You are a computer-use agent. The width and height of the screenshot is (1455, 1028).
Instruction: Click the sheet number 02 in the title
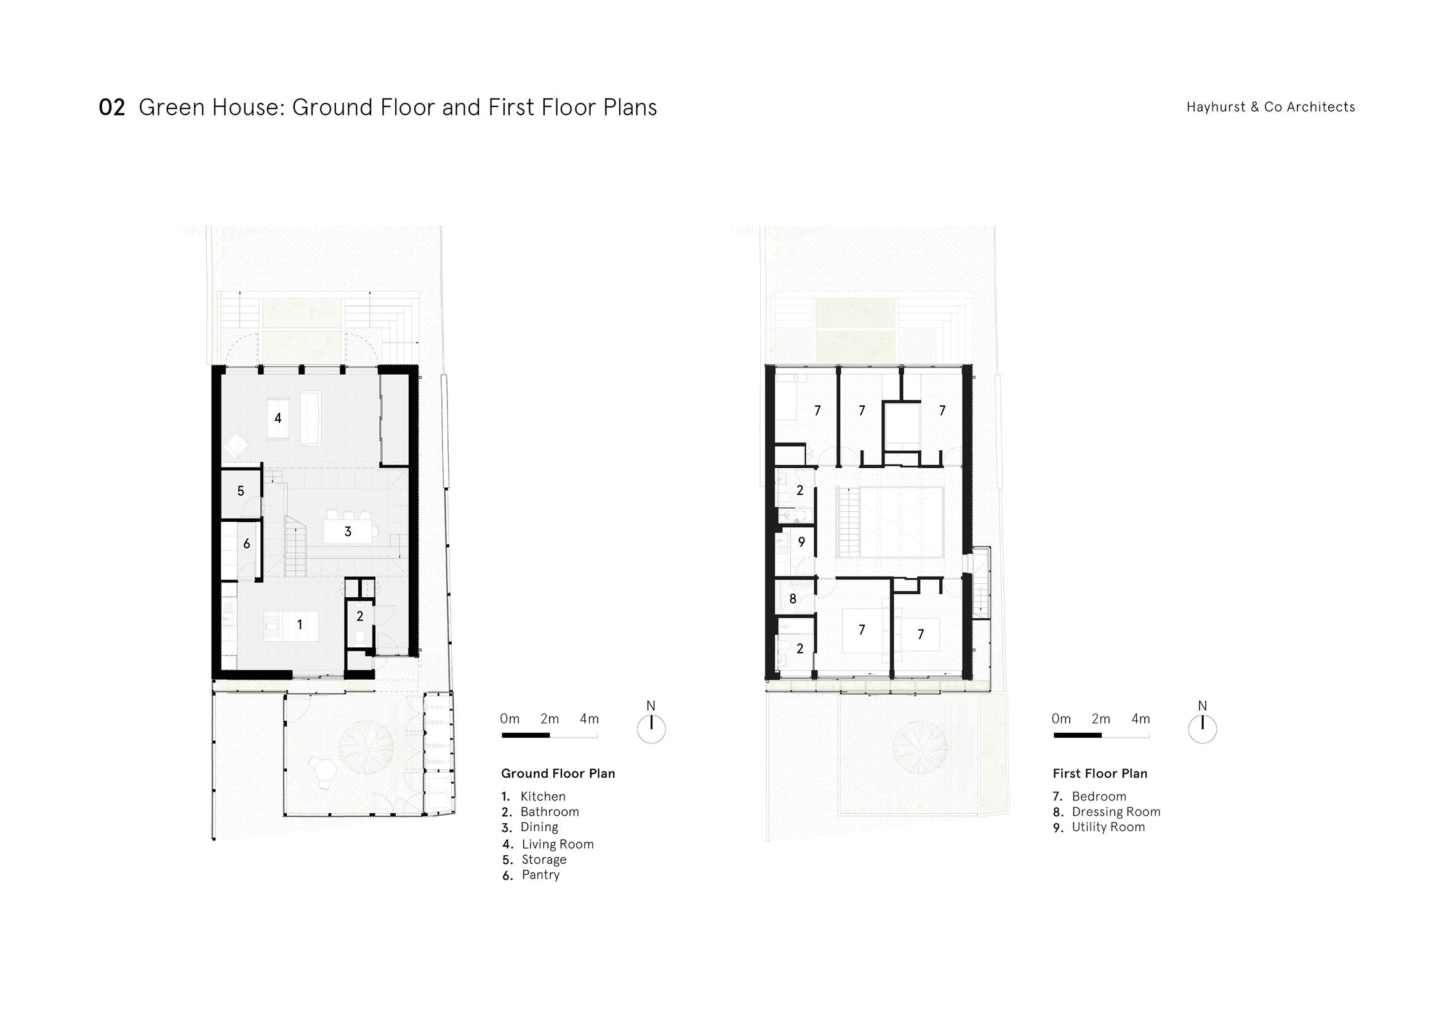pyautogui.click(x=112, y=108)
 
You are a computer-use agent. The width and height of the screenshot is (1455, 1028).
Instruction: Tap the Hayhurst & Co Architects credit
pyautogui.click(x=1270, y=107)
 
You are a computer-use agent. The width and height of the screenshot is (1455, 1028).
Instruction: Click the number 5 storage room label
pyautogui.click(x=241, y=491)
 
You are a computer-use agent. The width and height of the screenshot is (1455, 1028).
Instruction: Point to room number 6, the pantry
pyautogui.click(x=247, y=543)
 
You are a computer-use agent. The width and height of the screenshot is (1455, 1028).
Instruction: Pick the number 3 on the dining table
pyautogui.click(x=348, y=532)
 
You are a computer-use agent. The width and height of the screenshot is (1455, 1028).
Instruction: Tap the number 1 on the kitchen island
pyautogui.click(x=300, y=624)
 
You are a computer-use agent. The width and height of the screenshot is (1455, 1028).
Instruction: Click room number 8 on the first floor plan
pyautogui.click(x=793, y=599)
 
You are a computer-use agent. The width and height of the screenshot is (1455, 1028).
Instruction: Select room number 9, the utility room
pyautogui.click(x=801, y=542)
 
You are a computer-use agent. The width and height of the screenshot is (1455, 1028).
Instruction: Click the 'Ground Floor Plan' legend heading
pyautogui.click(x=558, y=773)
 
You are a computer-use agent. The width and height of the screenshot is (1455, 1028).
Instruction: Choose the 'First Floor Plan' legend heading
pyautogui.click(x=1100, y=773)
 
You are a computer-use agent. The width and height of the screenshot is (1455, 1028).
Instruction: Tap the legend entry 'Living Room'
pyautogui.click(x=558, y=844)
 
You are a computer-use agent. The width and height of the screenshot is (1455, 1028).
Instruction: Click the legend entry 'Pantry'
pyautogui.click(x=540, y=875)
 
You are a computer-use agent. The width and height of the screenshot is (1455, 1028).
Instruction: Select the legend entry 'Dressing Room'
pyautogui.click(x=1116, y=812)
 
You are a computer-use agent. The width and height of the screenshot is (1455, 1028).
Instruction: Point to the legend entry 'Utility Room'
pyautogui.click(x=1108, y=827)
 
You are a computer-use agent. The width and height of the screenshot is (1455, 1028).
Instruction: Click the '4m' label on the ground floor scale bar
pyautogui.click(x=590, y=719)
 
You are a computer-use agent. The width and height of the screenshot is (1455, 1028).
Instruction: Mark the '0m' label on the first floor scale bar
pyautogui.click(x=1061, y=719)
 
